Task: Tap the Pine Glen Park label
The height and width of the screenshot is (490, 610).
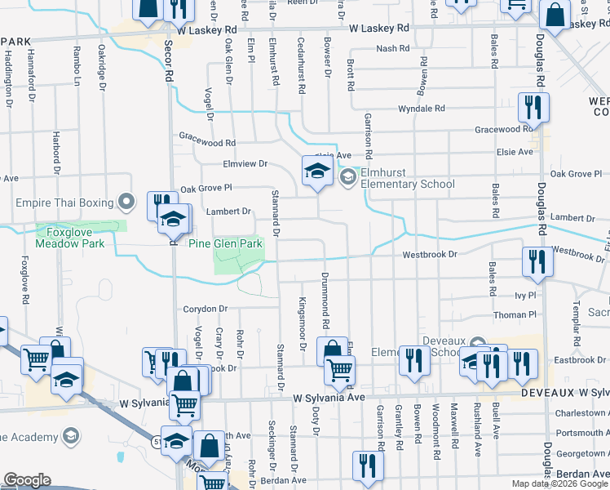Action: [226, 243]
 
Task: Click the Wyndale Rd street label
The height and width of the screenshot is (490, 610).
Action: [421, 109]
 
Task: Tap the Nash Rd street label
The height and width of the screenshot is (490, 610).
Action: [393, 49]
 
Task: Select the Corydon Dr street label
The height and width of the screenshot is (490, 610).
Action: [205, 309]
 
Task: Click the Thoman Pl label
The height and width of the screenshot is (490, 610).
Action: [515, 314]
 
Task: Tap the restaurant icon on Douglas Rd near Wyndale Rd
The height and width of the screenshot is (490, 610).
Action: [533, 108]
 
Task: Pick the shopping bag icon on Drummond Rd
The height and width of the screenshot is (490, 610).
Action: [333, 353]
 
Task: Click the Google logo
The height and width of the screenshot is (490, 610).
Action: [28, 481]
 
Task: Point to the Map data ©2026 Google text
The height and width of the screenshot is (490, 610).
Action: [559, 483]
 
